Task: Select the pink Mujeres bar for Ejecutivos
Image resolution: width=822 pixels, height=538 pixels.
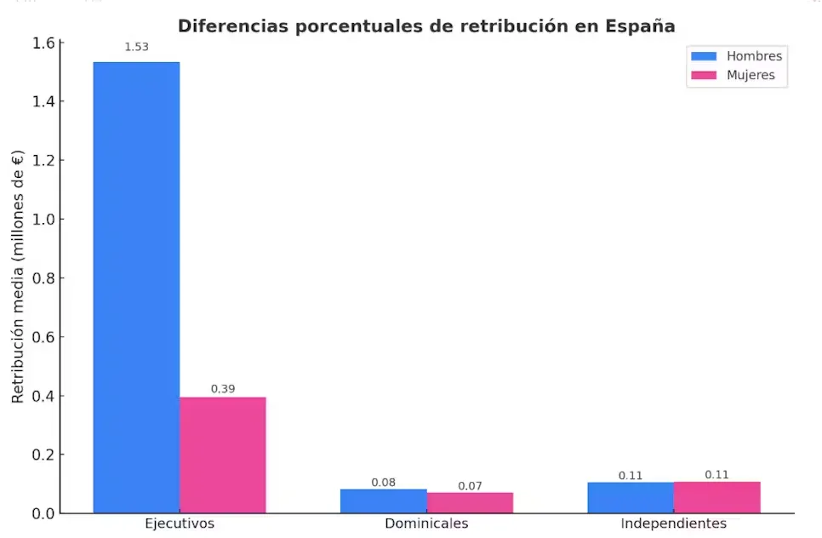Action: coord(222,455)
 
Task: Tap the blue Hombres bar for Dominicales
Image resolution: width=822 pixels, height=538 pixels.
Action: coord(383,501)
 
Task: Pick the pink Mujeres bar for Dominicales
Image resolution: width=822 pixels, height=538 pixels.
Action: coord(470,503)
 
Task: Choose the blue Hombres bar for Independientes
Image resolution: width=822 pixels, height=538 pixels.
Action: coord(630,498)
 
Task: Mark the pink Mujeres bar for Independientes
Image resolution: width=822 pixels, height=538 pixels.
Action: coord(716,498)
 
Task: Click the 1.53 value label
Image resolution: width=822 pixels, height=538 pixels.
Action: coord(136,47)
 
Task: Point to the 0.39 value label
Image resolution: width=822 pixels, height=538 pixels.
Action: coord(223,389)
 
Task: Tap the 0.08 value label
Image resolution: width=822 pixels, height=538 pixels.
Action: coord(383,483)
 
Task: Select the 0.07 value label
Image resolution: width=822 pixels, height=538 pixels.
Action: coord(470,486)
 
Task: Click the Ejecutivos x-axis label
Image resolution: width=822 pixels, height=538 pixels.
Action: coord(180,523)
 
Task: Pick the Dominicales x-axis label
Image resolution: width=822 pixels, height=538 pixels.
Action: coord(426,523)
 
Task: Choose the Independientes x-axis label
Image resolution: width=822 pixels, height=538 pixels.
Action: coord(673,523)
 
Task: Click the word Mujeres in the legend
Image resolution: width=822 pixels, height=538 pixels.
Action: coord(751,75)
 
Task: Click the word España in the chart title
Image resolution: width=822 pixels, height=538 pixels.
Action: coord(641,26)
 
